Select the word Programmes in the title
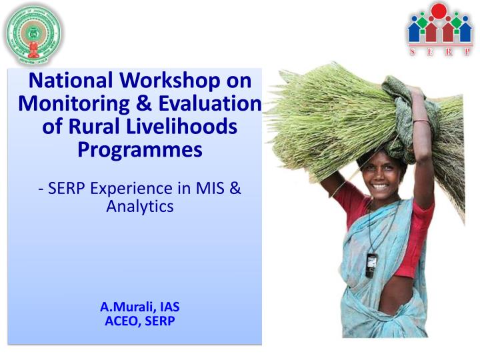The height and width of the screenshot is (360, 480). point(139,150)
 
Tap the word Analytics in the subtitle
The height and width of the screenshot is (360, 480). point(139,207)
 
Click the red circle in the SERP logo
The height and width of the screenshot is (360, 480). point(439,11)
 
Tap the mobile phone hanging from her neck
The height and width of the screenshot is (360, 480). point(371,265)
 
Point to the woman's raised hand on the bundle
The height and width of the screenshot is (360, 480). point(418,100)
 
